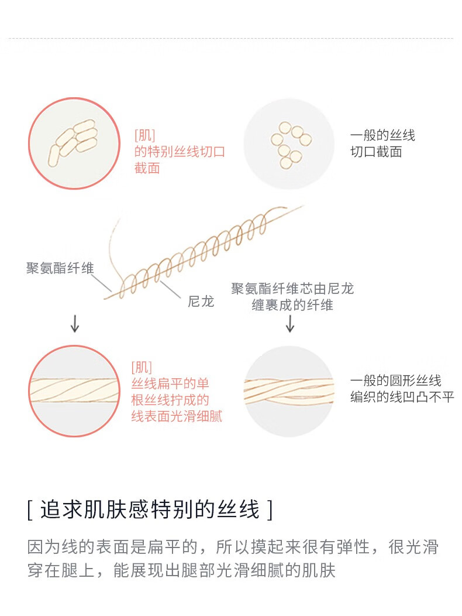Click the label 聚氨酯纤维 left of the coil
[x=60, y=269]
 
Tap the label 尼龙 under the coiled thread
[x=201, y=302]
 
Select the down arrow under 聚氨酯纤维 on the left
[x=75, y=323]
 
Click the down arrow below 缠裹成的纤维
[x=290, y=323]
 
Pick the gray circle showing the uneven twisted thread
[x=289, y=391]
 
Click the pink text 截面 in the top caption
[x=147, y=168]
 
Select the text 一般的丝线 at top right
[x=382, y=136]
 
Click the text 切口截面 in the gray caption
[x=376, y=152]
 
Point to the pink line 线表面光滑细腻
[x=177, y=417]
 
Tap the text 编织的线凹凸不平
[x=402, y=396]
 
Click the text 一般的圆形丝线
[x=396, y=380]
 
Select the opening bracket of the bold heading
[x=30, y=510]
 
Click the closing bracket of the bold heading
[x=269, y=510]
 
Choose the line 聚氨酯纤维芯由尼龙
[x=292, y=289]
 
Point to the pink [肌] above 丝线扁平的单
[x=142, y=368]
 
